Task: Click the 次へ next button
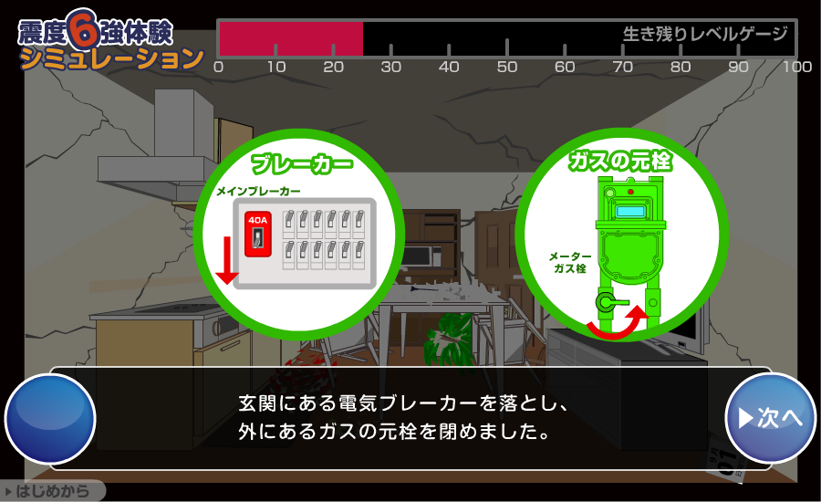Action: click(770, 418)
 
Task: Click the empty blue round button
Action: click(50, 419)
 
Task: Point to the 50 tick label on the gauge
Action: click(507, 67)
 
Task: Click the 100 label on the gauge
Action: click(797, 67)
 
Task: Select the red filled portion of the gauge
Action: click(291, 38)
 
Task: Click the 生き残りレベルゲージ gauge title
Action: click(705, 34)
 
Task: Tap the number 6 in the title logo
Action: click(83, 29)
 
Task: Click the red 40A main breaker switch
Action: click(257, 235)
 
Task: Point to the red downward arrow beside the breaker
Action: click(227, 260)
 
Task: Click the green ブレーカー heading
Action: click(302, 164)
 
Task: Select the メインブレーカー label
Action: click(259, 192)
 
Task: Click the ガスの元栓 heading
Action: click(620, 161)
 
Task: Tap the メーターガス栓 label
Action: click(570, 263)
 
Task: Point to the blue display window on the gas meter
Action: click(629, 211)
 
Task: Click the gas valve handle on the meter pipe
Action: click(612, 302)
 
